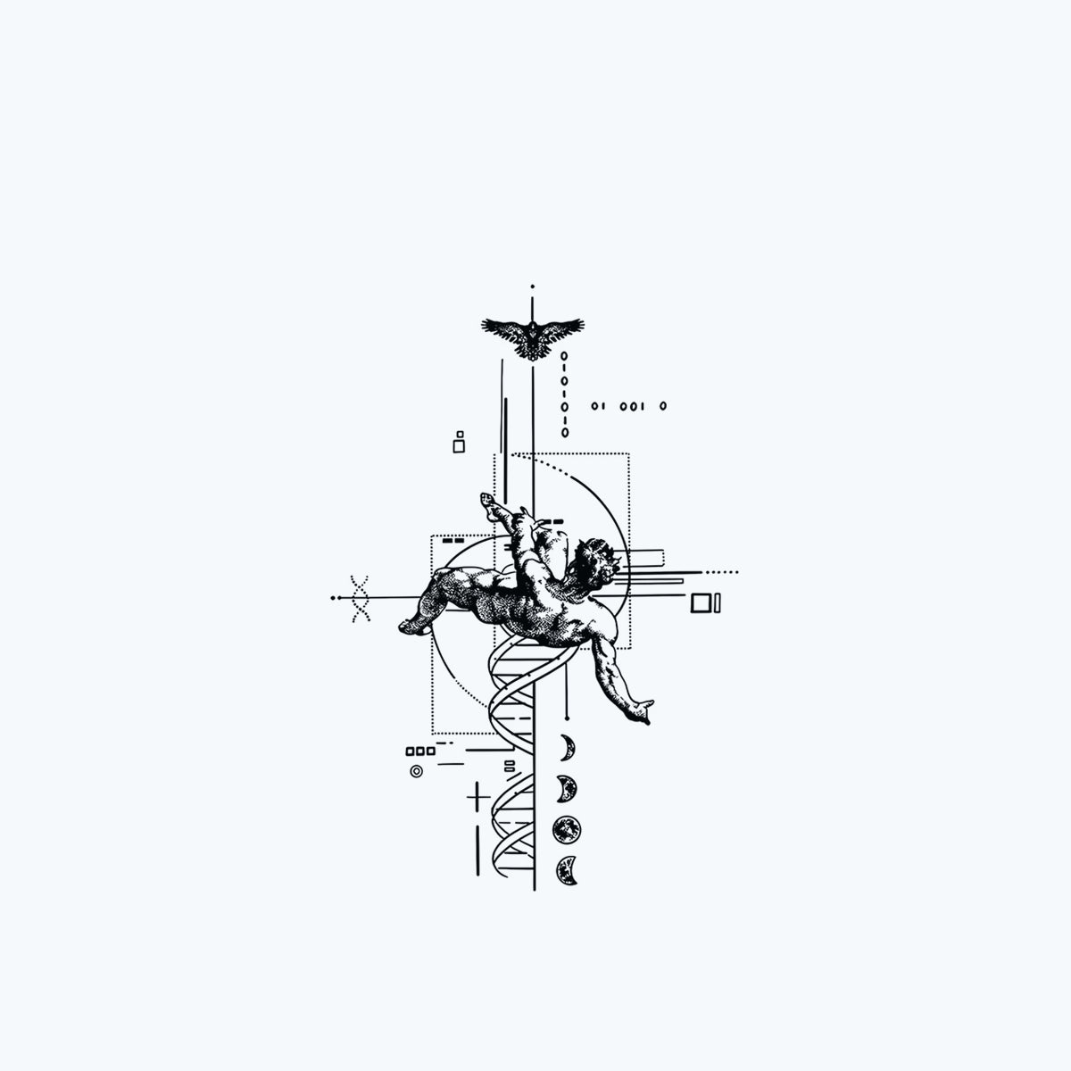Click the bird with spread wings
(533, 338)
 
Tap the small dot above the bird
(533, 286)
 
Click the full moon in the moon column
(567, 830)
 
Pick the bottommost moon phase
(567, 870)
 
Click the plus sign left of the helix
(477, 798)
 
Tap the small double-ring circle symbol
(416, 771)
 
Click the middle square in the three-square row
(420, 751)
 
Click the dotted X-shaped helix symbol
(361, 599)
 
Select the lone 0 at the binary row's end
(663, 406)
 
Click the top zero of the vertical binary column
(564, 356)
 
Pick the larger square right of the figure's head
(702, 603)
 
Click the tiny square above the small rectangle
(460, 435)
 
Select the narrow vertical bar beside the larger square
(718, 603)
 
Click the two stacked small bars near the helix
(509, 767)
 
